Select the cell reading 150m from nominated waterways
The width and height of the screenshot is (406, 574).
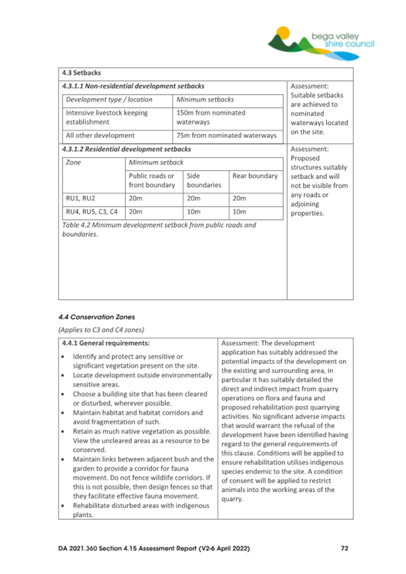coord(211,117)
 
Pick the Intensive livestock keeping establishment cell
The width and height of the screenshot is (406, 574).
coord(106,117)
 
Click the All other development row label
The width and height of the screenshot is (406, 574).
coord(100,136)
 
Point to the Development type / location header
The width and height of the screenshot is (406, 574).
coord(109,99)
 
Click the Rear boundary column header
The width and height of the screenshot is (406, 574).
coord(254,176)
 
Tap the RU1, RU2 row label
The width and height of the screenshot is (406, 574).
coord(81,198)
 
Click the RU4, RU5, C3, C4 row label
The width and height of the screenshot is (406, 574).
coord(91,211)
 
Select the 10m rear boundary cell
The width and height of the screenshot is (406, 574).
coord(239,211)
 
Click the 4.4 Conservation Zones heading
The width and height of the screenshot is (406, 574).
coord(96,317)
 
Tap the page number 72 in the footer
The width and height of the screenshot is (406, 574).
coord(344,548)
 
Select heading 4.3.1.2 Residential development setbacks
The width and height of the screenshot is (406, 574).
coord(126,148)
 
